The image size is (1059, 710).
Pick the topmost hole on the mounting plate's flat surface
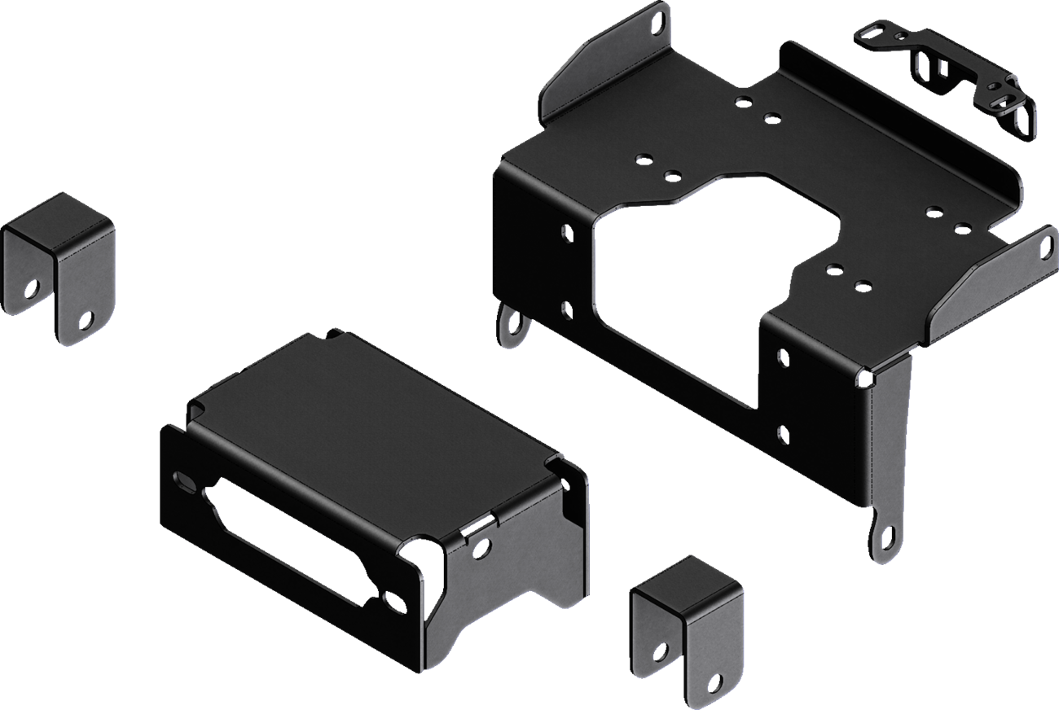coord(743,101)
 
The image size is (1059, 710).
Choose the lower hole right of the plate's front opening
coord(781,433)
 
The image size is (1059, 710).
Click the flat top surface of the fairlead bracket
coord(358,415)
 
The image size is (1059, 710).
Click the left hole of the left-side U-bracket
coord(33,289)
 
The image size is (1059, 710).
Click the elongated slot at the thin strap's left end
coord(868,32)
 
